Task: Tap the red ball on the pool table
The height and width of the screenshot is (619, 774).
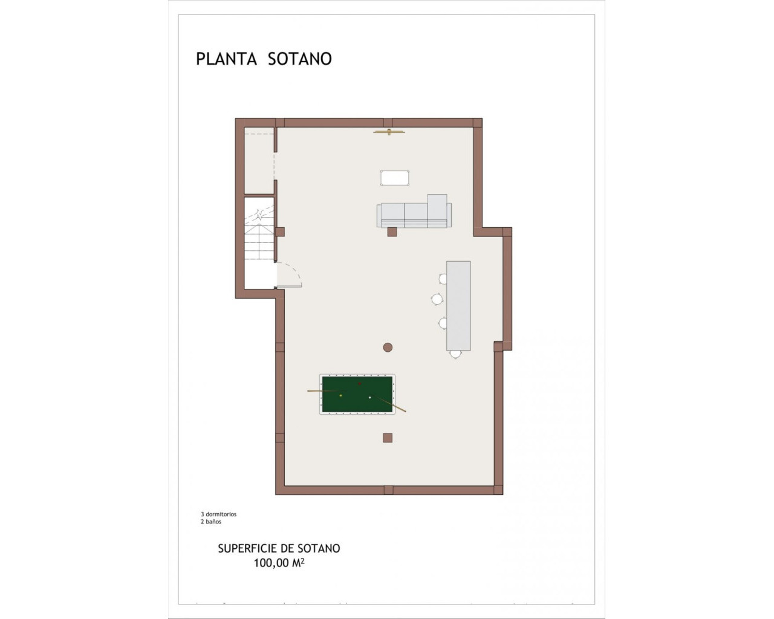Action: [360, 383]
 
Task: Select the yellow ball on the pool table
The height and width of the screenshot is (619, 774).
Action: [340, 395]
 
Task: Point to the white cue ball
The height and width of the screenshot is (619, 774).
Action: [369, 397]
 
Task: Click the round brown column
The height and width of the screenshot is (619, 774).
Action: [388, 347]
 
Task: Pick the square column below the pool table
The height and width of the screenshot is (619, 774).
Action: [388, 438]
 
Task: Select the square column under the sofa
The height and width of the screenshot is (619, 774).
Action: [392, 232]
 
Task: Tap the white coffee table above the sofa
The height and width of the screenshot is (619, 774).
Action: [395, 178]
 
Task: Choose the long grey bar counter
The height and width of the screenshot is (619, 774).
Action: [458, 305]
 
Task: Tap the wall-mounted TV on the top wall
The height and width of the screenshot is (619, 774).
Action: [388, 132]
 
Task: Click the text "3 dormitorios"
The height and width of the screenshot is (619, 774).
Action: [218, 514]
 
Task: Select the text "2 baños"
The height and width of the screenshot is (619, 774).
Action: [211, 522]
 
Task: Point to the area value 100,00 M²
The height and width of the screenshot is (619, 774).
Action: [279, 563]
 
